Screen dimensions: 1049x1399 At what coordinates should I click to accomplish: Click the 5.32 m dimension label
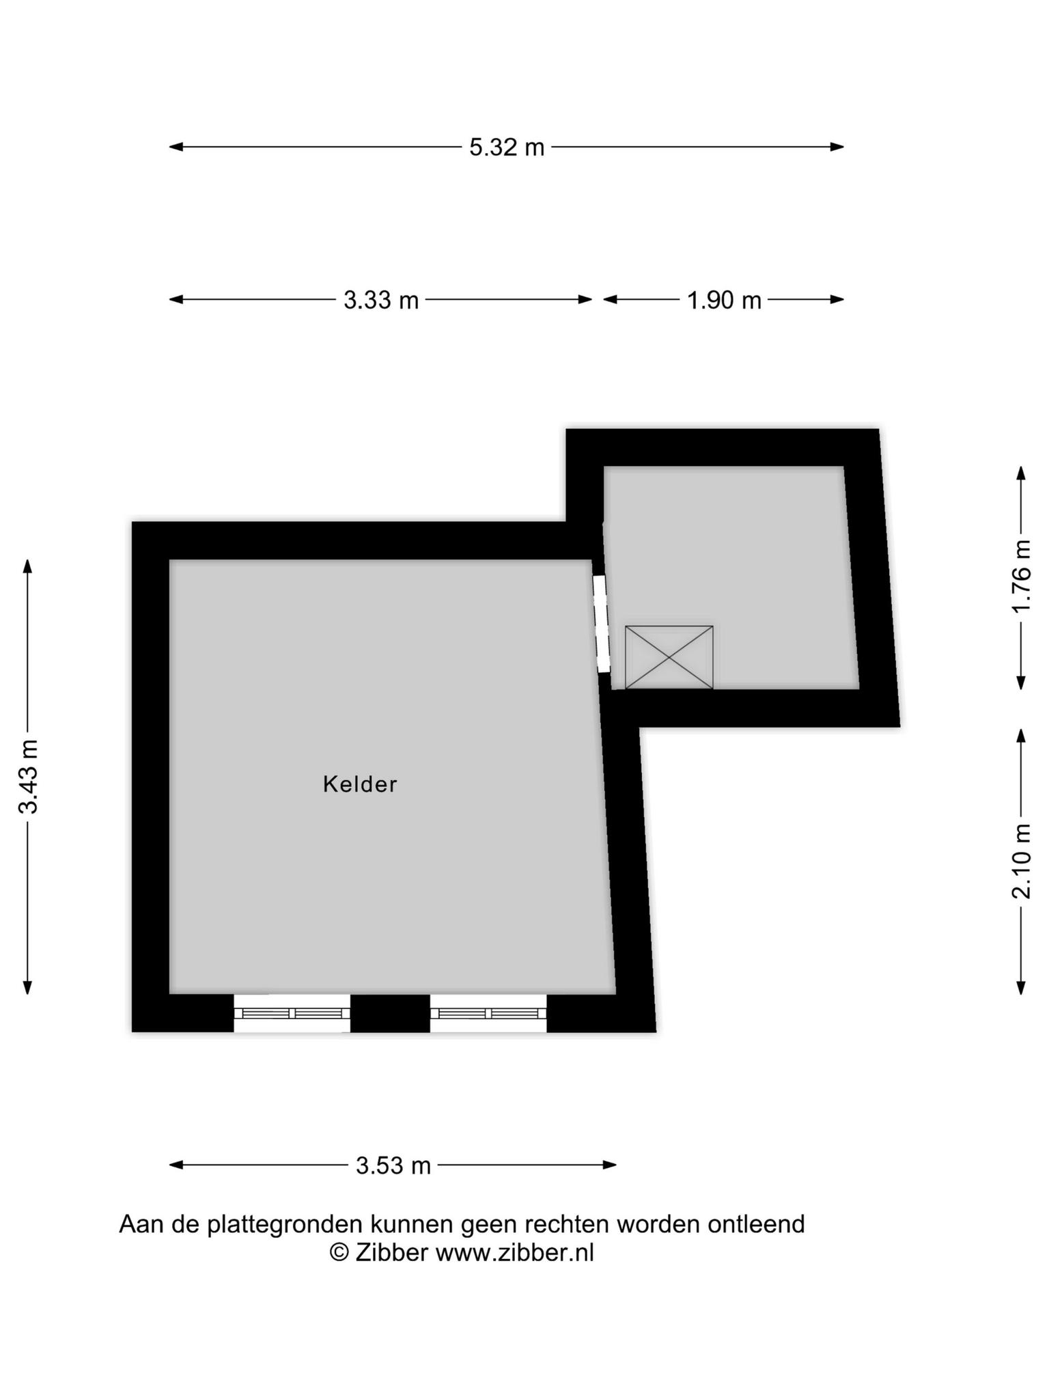(x=507, y=147)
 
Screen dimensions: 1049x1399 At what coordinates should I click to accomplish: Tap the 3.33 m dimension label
(x=381, y=300)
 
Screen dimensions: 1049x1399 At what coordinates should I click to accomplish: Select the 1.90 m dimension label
(x=724, y=300)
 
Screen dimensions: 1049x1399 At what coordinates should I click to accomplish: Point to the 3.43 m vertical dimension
(x=28, y=776)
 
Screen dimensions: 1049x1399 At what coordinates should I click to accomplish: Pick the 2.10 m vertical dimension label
(x=1021, y=861)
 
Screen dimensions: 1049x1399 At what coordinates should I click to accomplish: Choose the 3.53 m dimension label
(x=393, y=1165)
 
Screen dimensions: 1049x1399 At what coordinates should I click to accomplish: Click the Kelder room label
(x=360, y=784)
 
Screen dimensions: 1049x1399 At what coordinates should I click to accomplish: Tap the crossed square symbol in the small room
(x=669, y=657)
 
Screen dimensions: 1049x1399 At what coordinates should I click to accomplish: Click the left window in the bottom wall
(x=292, y=1013)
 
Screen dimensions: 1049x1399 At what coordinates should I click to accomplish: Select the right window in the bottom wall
(x=488, y=1013)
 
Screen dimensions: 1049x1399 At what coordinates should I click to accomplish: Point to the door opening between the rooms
(x=600, y=624)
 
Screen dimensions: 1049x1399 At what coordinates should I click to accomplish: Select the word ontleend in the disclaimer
(x=756, y=1223)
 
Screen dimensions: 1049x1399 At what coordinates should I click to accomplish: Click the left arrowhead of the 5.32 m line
(x=176, y=147)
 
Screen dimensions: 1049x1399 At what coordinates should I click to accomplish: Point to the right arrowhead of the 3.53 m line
(x=610, y=1165)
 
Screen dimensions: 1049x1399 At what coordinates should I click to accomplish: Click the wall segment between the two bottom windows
(x=390, y=1013)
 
